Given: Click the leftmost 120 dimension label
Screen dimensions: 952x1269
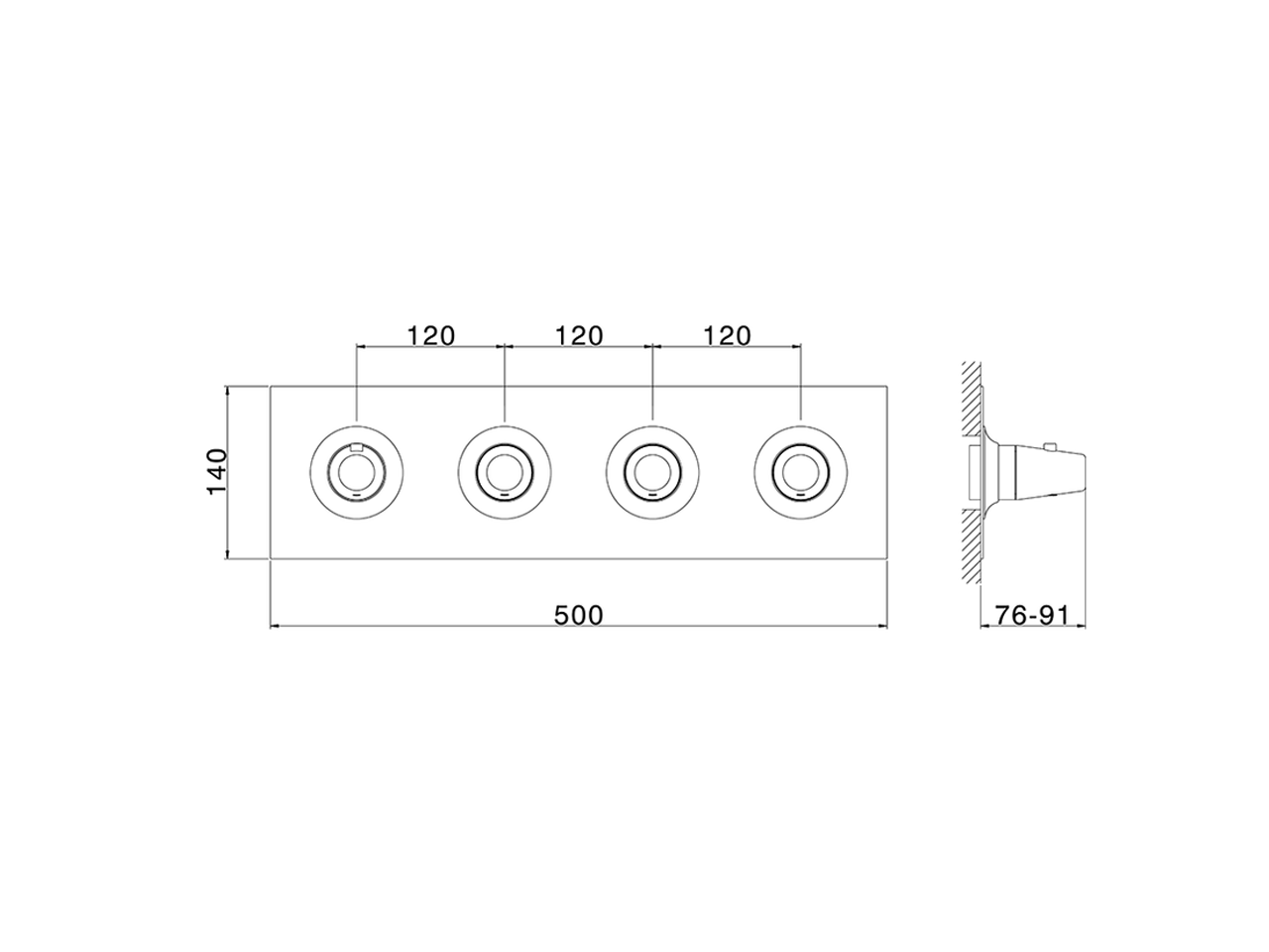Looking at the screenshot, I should (429, 335).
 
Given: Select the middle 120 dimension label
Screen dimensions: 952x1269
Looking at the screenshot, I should (578, 335).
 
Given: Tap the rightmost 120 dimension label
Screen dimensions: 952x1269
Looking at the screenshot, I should (727, 335).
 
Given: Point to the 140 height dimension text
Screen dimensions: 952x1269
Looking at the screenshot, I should (217, 472).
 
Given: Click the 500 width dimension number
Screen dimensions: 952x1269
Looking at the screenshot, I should (578, 615).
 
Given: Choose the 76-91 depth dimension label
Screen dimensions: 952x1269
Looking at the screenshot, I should (1032, 615).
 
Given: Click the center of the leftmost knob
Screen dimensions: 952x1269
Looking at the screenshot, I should (356, 471).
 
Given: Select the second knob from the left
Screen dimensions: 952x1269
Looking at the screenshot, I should (505, 471).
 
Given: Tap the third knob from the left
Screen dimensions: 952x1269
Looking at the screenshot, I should (652, 471).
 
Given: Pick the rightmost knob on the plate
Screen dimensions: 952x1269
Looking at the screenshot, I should (801, 471).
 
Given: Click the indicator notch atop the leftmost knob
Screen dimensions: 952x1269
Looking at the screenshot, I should (356, 447).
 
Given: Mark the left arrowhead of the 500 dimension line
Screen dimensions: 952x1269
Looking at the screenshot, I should (276, 627).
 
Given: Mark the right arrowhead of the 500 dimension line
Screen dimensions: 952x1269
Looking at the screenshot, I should (881, 627).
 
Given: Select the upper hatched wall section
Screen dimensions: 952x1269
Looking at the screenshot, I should (971, 397).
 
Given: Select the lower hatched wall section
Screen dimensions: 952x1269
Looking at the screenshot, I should (971, 550).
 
